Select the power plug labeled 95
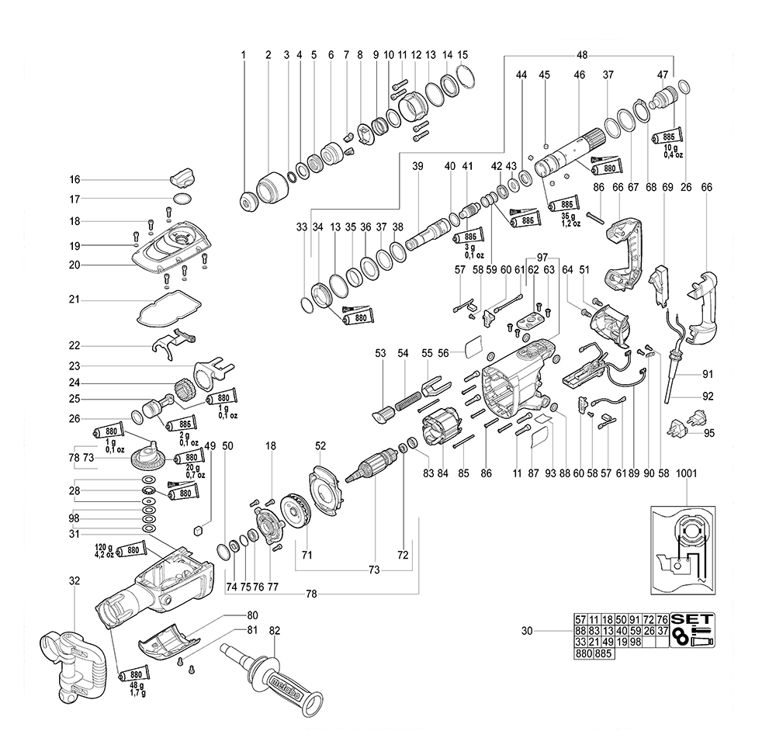pos(677,428)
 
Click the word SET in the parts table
pos(691,619)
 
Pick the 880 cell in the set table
pos(584,653)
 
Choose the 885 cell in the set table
pos(604,653)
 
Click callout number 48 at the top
pos(581,55)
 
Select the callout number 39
pos(417,167)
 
